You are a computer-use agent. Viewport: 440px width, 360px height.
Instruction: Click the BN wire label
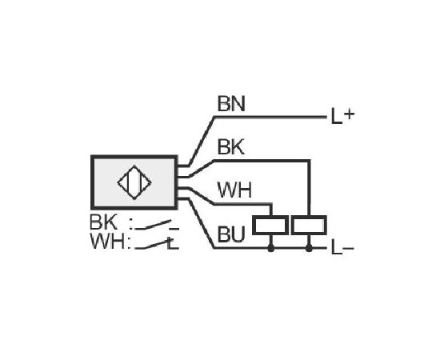[231, 104]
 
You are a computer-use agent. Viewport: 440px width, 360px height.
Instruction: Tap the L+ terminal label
[342, 116]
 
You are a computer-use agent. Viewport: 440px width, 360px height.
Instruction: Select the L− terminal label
[342, 248]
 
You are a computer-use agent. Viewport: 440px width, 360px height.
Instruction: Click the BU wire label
[231, 234]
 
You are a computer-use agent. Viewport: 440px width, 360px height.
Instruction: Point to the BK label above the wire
[231, 146]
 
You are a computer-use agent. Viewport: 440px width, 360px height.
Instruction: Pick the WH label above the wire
[234, 190]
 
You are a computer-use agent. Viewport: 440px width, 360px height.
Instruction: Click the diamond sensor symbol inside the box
[134, 182]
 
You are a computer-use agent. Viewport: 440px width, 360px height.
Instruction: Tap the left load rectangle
[270, 225]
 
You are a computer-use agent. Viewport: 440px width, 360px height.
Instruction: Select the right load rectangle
[309, 225]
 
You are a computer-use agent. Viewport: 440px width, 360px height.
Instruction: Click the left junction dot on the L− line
[270, 248]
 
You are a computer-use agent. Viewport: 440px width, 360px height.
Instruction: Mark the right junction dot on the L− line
[309, 248]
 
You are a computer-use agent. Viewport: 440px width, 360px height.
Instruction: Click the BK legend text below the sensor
[103, 222]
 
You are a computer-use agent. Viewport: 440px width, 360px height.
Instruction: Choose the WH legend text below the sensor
[107, 242]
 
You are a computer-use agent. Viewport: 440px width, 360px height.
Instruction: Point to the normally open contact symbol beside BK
[157, 225]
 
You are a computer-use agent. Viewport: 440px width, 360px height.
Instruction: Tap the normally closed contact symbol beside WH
[157, 244]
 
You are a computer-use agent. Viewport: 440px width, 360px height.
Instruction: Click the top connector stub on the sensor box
[183, 166]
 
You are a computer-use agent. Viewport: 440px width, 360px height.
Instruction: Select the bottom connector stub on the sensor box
[183, 199]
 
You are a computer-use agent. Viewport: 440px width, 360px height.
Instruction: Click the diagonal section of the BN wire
[202, 141]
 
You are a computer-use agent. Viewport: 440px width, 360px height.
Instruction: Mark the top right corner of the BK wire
[310, 161]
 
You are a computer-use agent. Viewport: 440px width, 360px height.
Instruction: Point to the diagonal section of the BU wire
[202, 223]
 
